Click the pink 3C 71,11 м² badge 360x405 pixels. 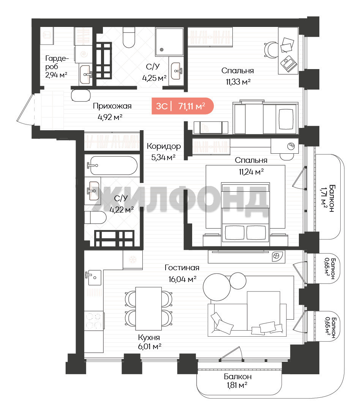coord(183,106)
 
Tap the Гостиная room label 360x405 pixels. coord(182,268)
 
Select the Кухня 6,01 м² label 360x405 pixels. coord(149,342)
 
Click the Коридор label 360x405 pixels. coord(164,147)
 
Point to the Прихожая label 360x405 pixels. coord(112,106)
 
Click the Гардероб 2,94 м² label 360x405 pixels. coord(57,67)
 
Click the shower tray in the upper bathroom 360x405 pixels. coord(169,42)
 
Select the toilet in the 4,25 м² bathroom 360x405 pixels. coord(129,37)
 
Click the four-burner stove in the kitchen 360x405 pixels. coord(93,320)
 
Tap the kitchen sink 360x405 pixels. coord(93,277)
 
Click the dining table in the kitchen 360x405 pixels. coord(148,308)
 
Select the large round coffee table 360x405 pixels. coord(216,287)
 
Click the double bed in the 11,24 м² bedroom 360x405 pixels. coord(245,214)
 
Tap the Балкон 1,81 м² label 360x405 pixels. coord(237,381)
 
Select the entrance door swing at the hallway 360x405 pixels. coord(25,109)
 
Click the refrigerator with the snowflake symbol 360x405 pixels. coord(133,260)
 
